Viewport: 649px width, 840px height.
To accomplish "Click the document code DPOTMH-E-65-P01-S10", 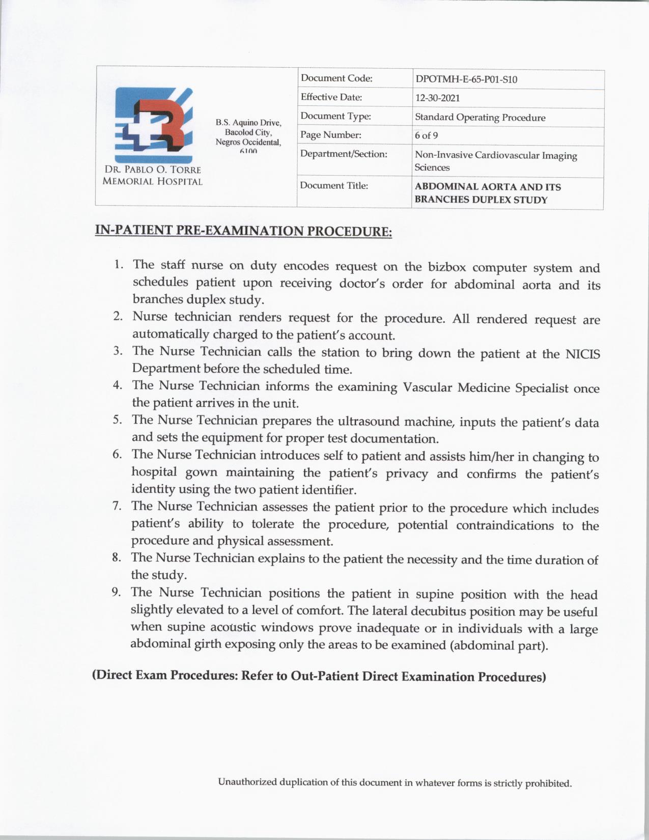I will (466, 79).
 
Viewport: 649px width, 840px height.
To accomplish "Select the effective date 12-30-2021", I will (437, 98).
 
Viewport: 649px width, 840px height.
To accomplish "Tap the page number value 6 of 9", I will (426, 135).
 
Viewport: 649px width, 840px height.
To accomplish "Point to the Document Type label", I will (335, 116).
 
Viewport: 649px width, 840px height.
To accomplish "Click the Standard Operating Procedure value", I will (480, 118).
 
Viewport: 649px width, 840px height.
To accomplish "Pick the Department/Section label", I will (344, 154).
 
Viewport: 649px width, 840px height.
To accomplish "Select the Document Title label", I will (333, 185).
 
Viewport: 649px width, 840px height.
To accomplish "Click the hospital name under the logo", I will (152, 176).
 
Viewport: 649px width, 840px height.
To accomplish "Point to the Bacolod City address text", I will (248, 132).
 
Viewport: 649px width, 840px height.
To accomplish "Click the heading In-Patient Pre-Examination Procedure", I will (243, 231).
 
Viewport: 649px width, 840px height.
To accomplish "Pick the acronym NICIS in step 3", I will (583, 354).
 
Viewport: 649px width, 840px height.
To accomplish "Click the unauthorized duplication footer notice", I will (394, 782).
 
